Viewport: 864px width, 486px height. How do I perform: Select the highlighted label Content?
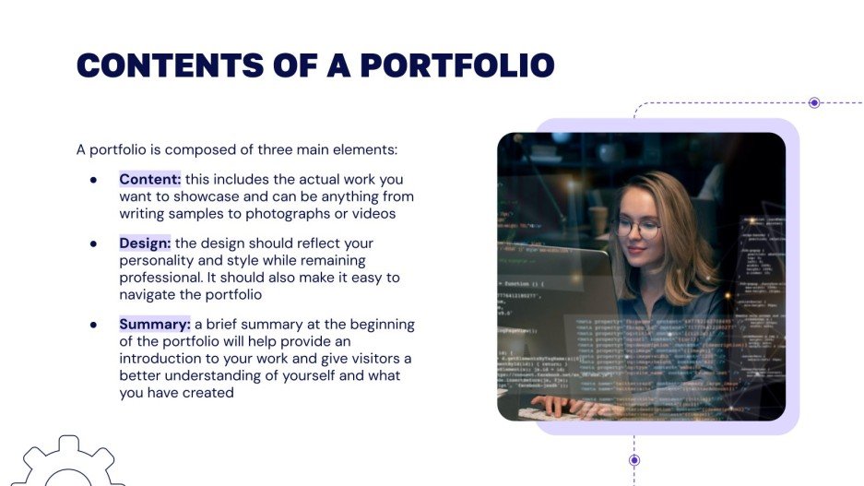(x=150, y=179)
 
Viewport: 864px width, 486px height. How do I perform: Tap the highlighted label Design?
(x=146, y=243)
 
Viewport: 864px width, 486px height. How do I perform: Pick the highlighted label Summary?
(x=155, y=325)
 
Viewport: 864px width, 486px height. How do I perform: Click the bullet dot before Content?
(x=93, y=180)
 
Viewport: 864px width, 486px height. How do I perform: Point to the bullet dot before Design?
(x=93, y=244)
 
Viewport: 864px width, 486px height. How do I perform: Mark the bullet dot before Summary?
(x=93, y=326)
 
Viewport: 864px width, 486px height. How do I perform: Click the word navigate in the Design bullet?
(x=149, y=295)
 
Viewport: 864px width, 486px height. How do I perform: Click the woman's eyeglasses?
(x=637, y=227)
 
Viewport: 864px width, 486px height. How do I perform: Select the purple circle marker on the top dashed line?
(x=814, y=103)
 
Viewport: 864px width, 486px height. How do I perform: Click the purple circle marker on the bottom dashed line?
(x=634, y=459)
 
